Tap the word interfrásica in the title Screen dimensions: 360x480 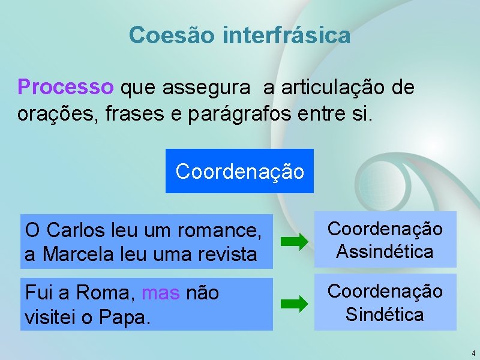click(286, 35)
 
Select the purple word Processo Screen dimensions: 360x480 click(65, 88)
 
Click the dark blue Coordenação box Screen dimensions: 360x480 click(239, 171)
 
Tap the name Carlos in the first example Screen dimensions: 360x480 click(72, 230)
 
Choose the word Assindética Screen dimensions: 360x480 click(385, 251)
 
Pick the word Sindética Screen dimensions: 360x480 click(385, 314)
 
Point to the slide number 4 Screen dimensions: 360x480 click(473, 353)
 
